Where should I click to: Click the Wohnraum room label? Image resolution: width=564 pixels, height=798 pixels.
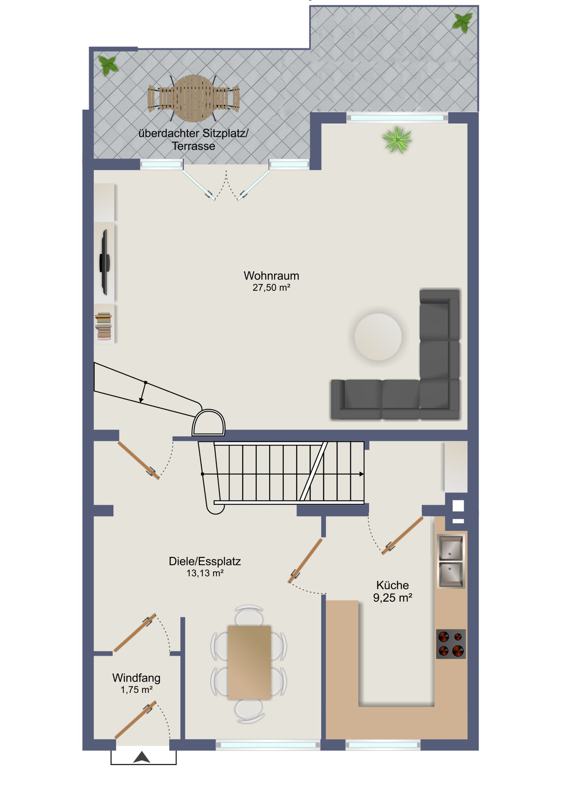(271, 276)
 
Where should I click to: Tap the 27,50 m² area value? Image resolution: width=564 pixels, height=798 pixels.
(271, 288)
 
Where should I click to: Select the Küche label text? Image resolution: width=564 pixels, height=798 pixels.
(393, 585)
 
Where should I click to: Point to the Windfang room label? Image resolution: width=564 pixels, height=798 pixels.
(137, 678)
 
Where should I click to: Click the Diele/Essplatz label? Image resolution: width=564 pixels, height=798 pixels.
(205, 561)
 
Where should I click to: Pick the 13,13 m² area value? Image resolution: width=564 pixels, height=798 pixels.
(205, 573)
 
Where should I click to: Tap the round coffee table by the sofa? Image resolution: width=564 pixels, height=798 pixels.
(378, 337)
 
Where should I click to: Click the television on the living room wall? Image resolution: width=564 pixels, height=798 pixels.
(105, 262)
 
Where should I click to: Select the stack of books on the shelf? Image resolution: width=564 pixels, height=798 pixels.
(103, 326)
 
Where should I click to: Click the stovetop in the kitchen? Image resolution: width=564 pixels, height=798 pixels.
(451, 644)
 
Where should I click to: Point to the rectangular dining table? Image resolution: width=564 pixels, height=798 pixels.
(249, 662)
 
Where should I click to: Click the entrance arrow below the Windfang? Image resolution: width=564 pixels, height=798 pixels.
(142, 757)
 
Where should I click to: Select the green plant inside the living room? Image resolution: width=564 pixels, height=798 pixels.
(397, 140)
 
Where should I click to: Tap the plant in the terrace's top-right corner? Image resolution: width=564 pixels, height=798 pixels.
(462, 22)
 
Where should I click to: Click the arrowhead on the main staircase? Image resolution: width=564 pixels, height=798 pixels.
(362, 474)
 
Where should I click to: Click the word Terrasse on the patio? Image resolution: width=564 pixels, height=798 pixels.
(194, 146)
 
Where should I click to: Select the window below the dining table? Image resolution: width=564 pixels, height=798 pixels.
(268, 745)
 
